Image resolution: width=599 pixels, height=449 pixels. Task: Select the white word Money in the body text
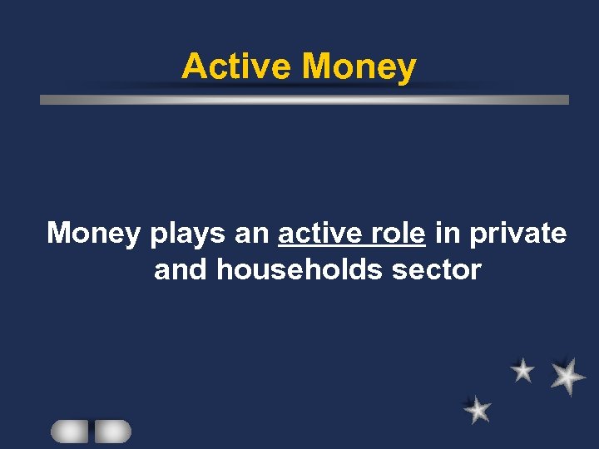(x=94, y=233)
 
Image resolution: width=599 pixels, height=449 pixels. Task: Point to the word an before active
(x=252, y=234)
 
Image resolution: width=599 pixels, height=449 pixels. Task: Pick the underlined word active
(x=319, y=233)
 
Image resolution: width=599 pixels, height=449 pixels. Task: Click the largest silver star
(x=567, y=376)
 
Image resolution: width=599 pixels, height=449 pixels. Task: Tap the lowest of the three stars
(x=478, y=409)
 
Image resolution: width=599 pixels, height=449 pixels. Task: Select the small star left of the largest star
(x=522, y=370)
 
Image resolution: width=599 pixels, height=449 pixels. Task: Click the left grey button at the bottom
(x=69, y=431)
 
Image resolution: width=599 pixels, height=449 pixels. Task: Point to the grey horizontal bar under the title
(x=304, y=99)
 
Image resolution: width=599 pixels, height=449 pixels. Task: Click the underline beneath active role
(x=352, y=247)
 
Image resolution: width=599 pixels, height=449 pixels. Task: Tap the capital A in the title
(x=192, y=66)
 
